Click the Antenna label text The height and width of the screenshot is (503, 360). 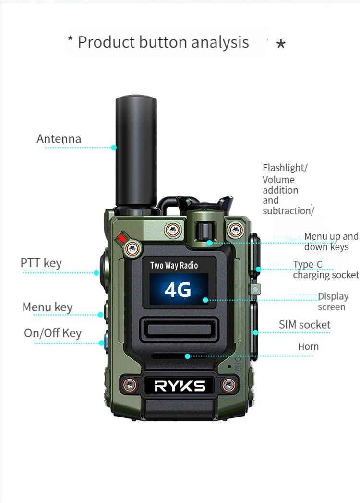point(59,139)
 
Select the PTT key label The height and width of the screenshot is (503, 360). point(41,263)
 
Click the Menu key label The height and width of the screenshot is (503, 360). point(48,307)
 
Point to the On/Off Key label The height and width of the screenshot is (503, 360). point(53,333)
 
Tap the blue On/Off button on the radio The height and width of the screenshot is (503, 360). point(102,343)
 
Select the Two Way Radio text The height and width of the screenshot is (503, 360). point(174,265)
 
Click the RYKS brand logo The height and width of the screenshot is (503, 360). point(180,385)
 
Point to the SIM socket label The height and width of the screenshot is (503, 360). point(305,325)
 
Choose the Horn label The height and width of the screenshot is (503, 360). point(308,346)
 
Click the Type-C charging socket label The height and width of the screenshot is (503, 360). point(326,270)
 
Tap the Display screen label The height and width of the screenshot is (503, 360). point(333,301)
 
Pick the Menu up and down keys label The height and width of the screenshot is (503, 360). point(331,241)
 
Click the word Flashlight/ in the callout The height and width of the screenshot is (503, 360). point(285,168)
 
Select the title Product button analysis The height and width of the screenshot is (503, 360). point(163,42)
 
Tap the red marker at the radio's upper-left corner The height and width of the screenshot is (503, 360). point(123,237)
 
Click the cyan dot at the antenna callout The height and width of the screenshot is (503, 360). point(114,147)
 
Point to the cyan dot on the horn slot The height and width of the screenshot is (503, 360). point(188,356)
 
